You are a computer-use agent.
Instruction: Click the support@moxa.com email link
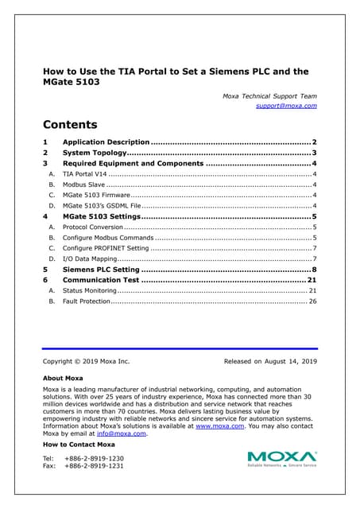pyautogui.click(x=286, y=106)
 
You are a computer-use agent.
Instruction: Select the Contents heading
pyautogui.click(x=70, y=125)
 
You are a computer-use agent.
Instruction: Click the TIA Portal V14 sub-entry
pyautogui.click(x=84, y=173)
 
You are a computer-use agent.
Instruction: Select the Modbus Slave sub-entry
pyautogui.click(x=83, y=184)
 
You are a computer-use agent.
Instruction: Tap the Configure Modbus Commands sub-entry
pyautogui.click(x=108, y=237)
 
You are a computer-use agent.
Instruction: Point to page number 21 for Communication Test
pyautogui.click(x=312, y=280)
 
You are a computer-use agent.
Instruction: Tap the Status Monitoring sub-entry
pyautogui.click(x=90, y=291)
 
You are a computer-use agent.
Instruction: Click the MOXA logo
pyautogui.click(x=281, y=457)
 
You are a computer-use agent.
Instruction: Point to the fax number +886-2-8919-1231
pyautogui.click(x=94, y=466)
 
